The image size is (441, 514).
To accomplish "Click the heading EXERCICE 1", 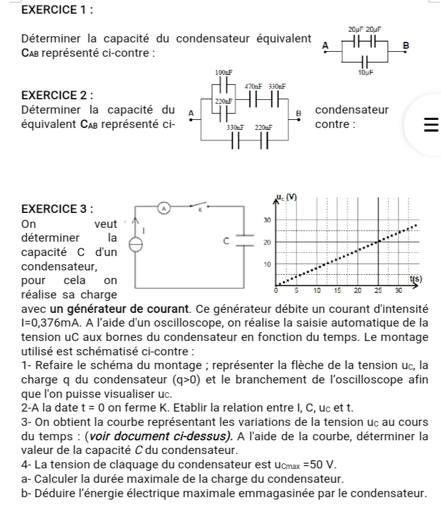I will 51,10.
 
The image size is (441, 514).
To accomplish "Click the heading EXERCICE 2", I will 51,96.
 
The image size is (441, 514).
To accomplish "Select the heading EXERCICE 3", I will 51,209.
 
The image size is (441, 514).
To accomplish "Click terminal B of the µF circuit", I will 405,46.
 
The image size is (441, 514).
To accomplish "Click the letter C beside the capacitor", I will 229,240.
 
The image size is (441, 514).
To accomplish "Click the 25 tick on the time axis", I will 378,290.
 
